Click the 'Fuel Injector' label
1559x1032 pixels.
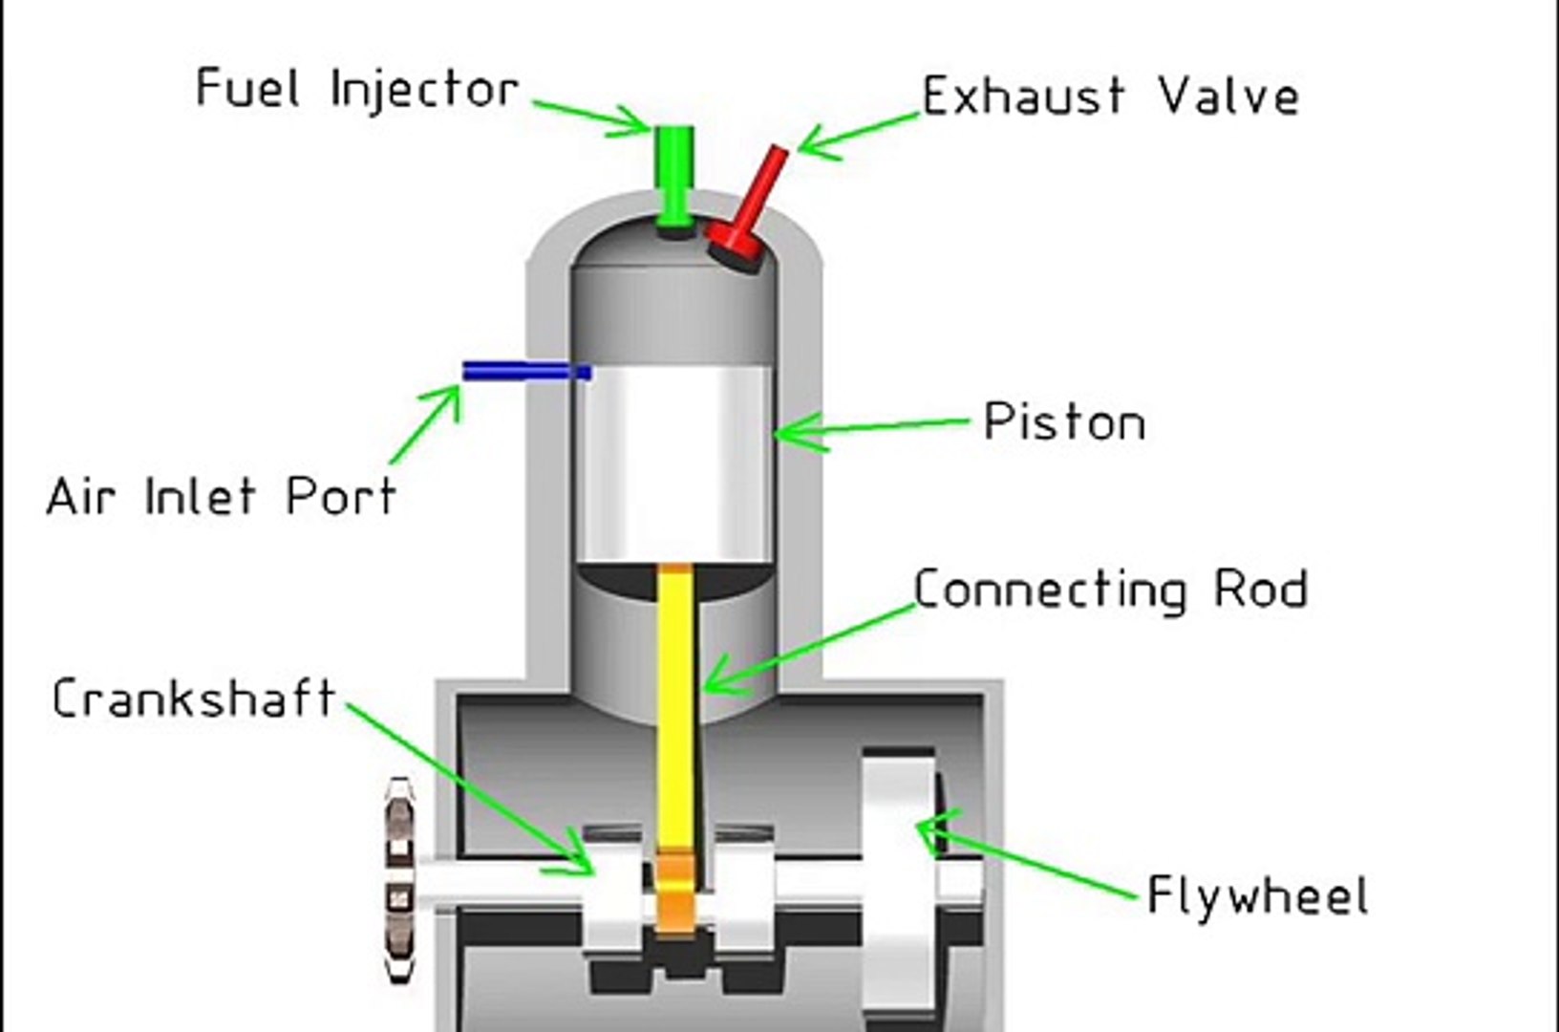[x=356, y=89]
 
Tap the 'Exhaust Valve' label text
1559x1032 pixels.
[x=1110, y=97]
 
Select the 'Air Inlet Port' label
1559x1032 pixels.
[x=221, y=497]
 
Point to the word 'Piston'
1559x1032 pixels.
[x=1064, y=422]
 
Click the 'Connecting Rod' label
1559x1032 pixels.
[x=1110, y=590]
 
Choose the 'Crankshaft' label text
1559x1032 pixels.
[x=193, y=699]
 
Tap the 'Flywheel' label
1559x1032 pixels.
[x=1257, y=896]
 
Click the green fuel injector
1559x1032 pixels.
[x=675, y=177]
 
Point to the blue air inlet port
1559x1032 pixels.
[x=525, y=371]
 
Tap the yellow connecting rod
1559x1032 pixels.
[x=675, y=707]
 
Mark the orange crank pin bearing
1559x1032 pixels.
[x=675, y=893]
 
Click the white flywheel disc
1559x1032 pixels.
[x=898, y=889]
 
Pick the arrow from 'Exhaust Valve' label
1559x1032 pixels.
[x=855, y=133]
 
